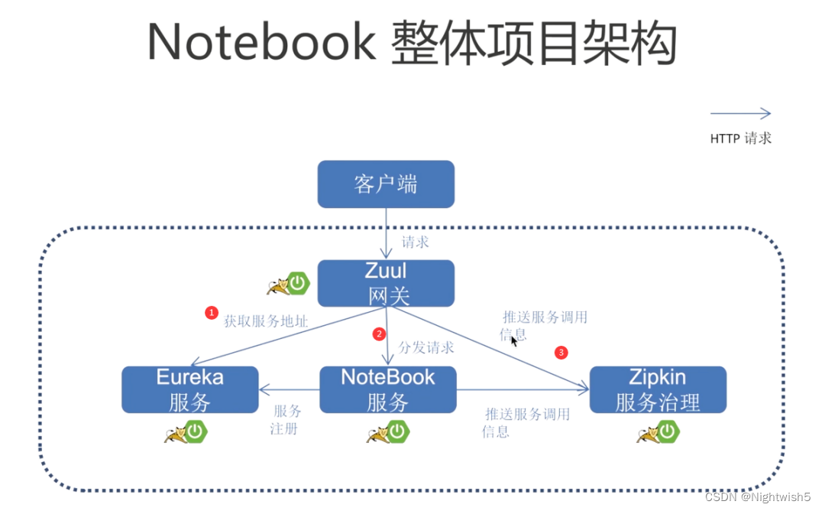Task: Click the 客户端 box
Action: [386, 184]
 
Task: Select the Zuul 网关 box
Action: [386, 283]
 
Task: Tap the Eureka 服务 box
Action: [189, 389]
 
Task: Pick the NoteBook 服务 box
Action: [387, 389]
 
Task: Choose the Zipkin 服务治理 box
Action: [657, 389]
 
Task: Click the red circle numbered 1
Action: [212, 312]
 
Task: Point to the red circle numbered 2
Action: [378, 334]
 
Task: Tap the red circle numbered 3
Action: [561, 353]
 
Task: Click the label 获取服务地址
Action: [266, 322]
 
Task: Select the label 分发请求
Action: [426, 347]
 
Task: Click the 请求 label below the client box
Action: [416, 242]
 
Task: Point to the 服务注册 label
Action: [286, 420]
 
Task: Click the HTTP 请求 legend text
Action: [740, 138]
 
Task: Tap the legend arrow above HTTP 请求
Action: [740, 114]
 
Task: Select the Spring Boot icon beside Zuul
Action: [298, 284]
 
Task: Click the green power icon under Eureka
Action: [196, 432]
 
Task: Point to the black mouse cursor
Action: [514, 340]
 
